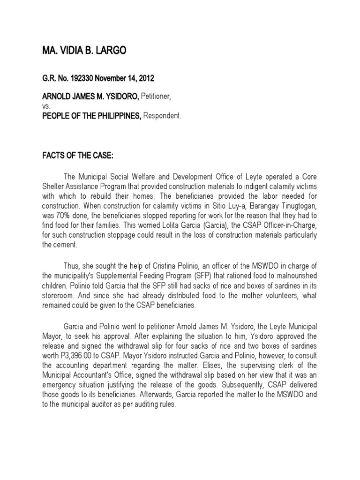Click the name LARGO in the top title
pos(109,51)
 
